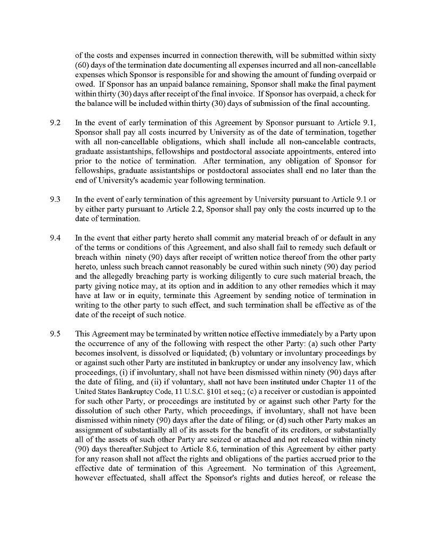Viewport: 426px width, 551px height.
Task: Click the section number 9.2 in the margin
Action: pyautogui.click(x=55, y=123)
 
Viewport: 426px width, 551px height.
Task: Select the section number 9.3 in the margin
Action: pyautogui.click(x=55, y=200)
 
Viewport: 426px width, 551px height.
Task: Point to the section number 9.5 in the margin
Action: pyautogui.click(x=55, y=334)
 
